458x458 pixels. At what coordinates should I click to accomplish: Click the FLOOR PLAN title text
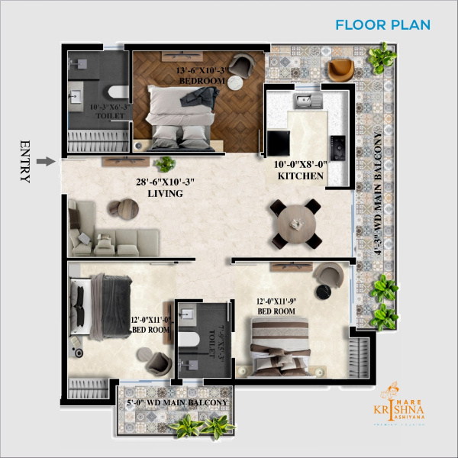click(382, 24)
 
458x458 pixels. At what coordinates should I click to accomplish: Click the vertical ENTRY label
click(24, 161)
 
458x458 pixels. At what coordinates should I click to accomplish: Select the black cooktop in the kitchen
click(337, 143)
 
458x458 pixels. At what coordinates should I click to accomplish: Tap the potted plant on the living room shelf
click(165, 163)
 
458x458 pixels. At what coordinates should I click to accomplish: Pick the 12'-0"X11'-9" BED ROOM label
click(276, 306)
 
